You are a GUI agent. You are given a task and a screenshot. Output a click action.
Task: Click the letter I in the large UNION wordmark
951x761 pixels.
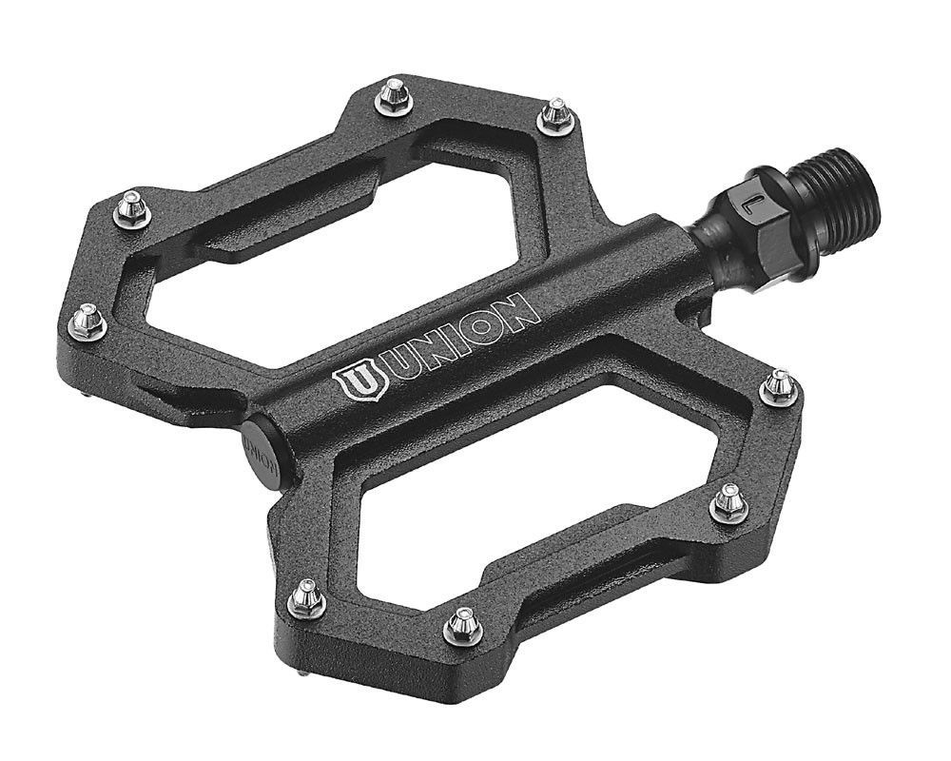(x=446, y=343)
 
